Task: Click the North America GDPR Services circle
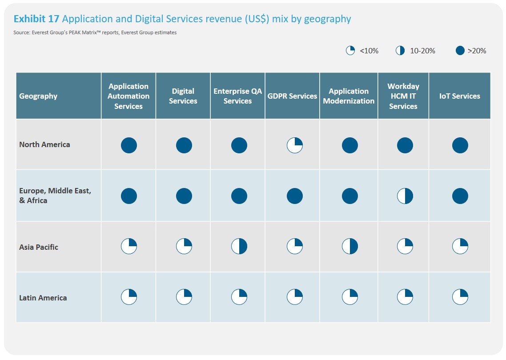pyautogui.click(x=295, y=145)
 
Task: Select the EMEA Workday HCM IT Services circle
pyautogui.click(x=405, y=196)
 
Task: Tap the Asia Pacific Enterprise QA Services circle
pyautogui.click(x=239, y=246)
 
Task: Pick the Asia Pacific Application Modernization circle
pyautogui.click(x=350, y=246)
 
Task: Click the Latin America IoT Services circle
pyautogui.click(x=460, y=297)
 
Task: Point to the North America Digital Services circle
pyautogui.click(x=184, y=145)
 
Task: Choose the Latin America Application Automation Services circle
pyautogui.click(x=129, y=297)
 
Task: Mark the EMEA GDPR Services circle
pyautogui.click(x=295, y=196)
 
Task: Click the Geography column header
pyautogui.click(x=38, y=96)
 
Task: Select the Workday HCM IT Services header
pyautogui.click(x=403, y=96)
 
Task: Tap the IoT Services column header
pyautogui.click(x=459, y=96)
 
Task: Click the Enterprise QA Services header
pyautogui.click(x=237, y=96)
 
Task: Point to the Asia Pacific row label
pyautogui.click(x=39, y=247)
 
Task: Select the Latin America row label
pyautogui.click(x=43, y=298)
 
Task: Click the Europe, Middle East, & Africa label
pyautogui.click(x=55, y=196)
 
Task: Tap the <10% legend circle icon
pyautogui.click(x=350, y=51)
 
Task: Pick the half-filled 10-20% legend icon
pyautogui.click(x=400, y=51)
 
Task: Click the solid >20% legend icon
pyautogui.click(x=460, y=51)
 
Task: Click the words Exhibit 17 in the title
pyautogui.click(x=36, y=19)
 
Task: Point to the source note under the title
pyautogui.click(x=95, y=32)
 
